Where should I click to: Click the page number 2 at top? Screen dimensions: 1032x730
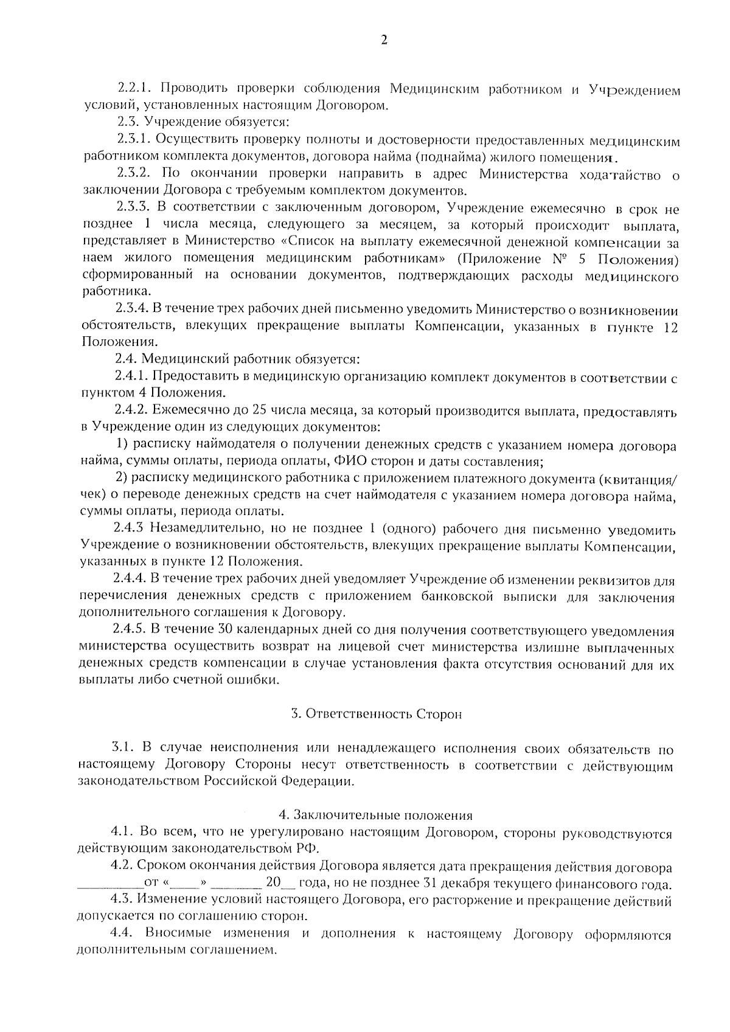coord(383,41)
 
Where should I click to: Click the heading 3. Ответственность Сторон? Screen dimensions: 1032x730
coord(376,714)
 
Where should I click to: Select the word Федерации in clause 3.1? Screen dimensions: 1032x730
coord(322,781)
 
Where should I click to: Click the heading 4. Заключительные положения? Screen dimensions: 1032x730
coord(375,815)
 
